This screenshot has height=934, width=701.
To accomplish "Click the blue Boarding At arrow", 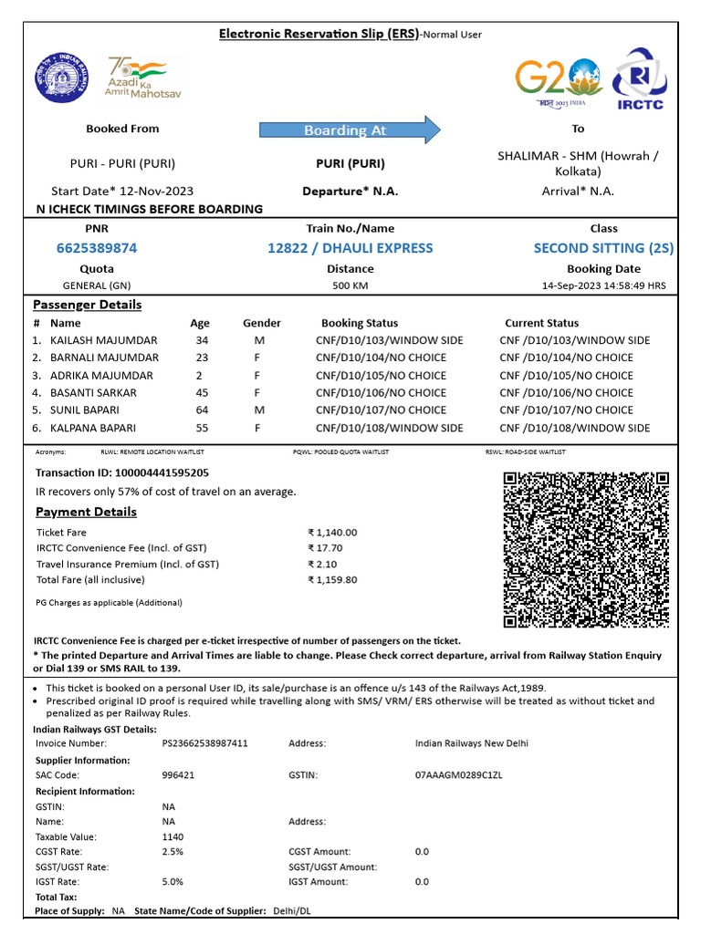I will coord(350,130).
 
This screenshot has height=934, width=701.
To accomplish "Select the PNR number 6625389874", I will coord(97,248).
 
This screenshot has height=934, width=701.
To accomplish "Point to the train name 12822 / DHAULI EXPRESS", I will coord(350,248).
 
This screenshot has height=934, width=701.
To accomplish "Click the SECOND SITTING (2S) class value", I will coord(603,248).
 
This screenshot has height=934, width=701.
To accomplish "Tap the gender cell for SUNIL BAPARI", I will coord(259,410).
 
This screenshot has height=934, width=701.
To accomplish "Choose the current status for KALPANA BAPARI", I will coord(575,428).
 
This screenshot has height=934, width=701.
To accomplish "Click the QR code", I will coord(586,550).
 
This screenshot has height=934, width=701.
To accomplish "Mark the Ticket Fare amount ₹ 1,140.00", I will coord(333,532).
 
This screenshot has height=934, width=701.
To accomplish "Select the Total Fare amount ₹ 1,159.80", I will coord(333,579).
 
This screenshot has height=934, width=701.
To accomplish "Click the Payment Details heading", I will coord(86,512).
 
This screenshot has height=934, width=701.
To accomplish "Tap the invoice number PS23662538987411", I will coord(204,743).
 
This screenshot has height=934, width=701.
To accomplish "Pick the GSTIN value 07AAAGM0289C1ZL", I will coord(458,774).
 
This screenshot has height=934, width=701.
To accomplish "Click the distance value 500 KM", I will coord(350,285).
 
